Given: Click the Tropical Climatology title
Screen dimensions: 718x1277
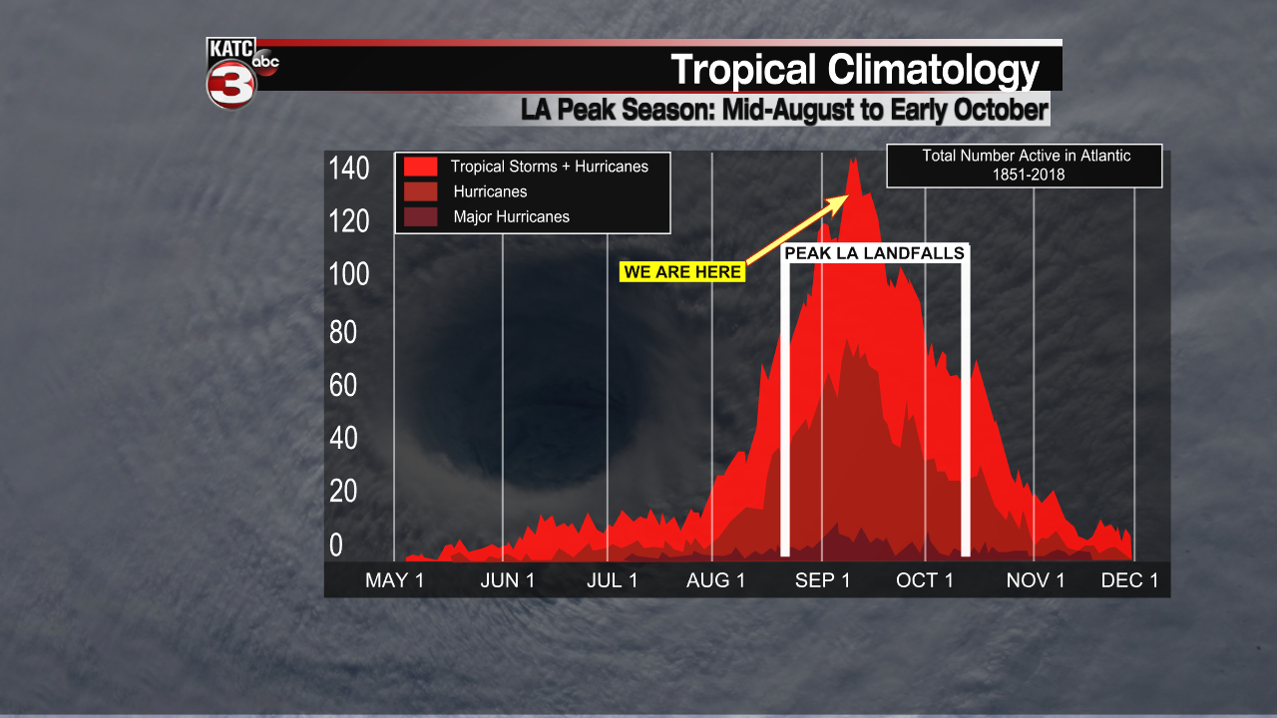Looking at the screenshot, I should [855, 70].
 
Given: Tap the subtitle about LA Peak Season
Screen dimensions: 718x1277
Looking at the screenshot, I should [784, 110].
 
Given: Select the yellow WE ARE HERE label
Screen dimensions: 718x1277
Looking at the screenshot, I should [682, 272].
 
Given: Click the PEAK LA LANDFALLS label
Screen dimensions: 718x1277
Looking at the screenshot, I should [875, 253].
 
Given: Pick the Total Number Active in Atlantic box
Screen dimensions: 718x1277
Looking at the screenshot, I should [1026, 166].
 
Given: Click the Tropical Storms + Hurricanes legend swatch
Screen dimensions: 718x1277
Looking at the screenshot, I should [420, 167].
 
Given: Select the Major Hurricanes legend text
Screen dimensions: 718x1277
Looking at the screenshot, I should [511, 216].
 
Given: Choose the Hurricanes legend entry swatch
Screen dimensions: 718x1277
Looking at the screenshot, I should [420, 191].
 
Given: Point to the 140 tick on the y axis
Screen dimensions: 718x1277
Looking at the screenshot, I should [349, 169].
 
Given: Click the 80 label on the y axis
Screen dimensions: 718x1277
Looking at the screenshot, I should [343, 332].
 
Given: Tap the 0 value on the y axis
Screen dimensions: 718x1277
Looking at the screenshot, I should [336, 544].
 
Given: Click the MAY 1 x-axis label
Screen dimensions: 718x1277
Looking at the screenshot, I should [394, 580].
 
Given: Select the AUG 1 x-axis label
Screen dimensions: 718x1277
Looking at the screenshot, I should [715, 580].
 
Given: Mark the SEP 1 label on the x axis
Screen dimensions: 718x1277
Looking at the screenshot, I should [823, 580].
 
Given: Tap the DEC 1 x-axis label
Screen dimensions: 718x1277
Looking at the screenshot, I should [1129, 580].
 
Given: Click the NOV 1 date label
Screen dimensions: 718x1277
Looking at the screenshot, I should [1036, 580].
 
